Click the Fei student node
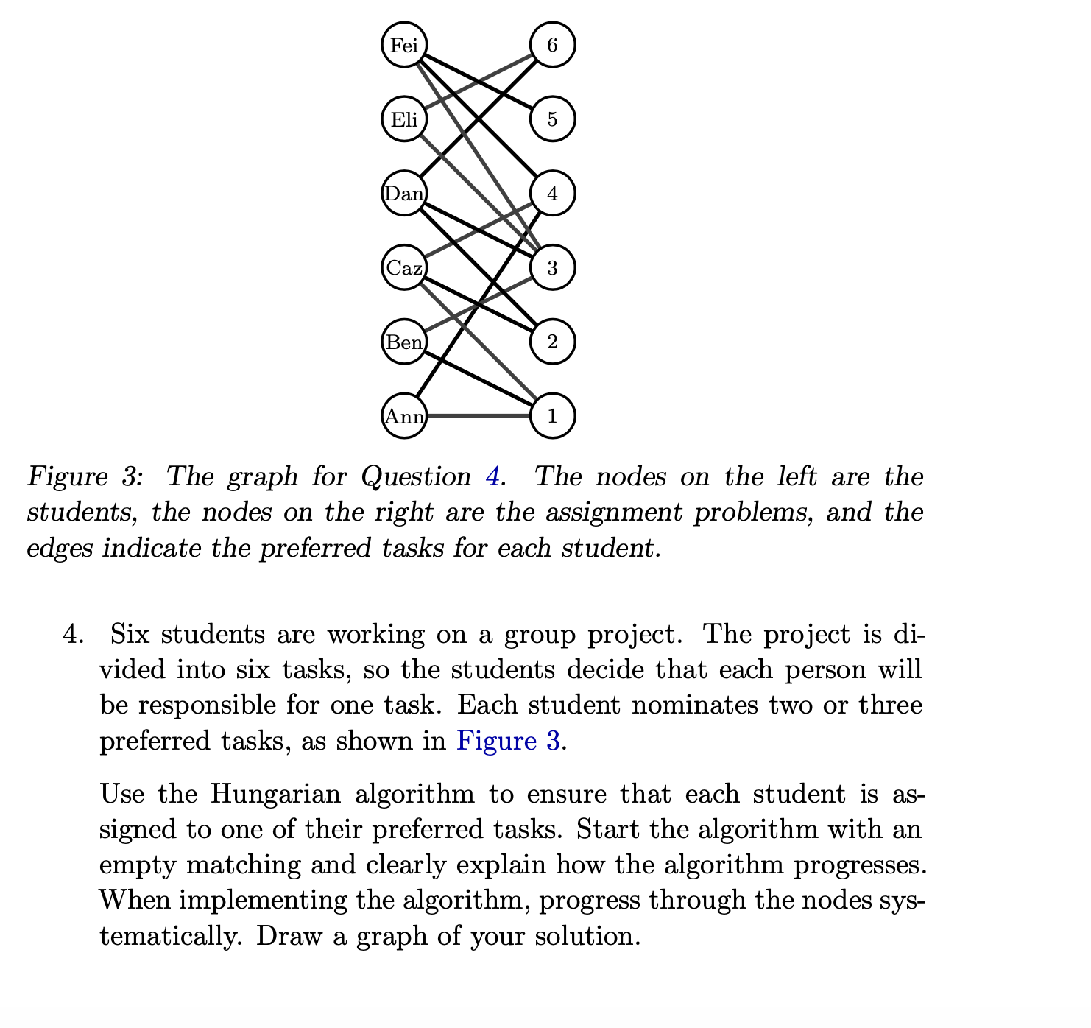[404, 46]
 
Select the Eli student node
[404, 119]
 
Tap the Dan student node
[404, 194]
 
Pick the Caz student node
[404, 267]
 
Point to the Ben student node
[404, 342]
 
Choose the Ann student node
[404, 416]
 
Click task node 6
[552, 46]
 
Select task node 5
[552, 119]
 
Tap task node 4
[552, 194]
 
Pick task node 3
[552, 267]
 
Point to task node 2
[552, 342]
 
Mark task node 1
[552, 416]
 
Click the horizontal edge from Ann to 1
[479, 416]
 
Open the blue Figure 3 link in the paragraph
[509, 740]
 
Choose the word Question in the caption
[416, 477]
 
